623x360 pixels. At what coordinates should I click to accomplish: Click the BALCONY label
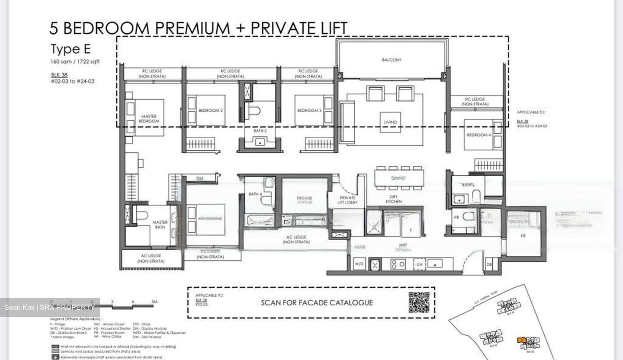coord(391,60)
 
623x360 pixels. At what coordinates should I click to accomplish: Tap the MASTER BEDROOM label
coord(149,119)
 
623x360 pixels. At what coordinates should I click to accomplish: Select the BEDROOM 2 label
coord(211,110)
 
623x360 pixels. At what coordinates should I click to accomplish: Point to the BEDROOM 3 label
coord(309,110)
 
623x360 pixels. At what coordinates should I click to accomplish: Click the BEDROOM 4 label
coord(478,135)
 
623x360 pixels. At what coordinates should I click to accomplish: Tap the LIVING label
coord(390,122)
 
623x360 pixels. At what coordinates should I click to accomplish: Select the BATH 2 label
coord(260,130)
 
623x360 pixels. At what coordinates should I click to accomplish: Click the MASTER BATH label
coord(160,225)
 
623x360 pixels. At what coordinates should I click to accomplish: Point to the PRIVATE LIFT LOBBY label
coord(348,200)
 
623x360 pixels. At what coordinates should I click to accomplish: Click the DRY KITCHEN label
coord(393,199)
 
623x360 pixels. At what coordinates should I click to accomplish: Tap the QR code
coord(419,302)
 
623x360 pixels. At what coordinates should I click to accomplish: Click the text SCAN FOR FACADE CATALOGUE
coord(317,302)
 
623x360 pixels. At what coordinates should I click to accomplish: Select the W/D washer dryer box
coord(359,264)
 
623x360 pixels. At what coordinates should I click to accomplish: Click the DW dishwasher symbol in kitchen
coord(420,264)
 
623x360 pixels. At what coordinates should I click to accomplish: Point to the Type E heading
coord(71,49)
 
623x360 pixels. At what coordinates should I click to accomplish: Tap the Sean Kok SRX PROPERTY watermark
coord(50,307)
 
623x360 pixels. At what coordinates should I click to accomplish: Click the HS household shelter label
coord(523,236)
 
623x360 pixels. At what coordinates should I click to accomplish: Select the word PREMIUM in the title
coord(193,28)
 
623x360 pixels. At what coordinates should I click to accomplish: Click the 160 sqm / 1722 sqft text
coord(75,61)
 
